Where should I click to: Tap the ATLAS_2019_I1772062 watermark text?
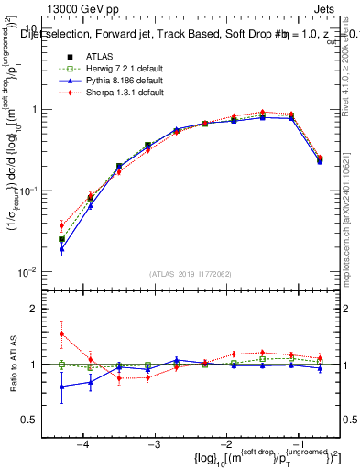pyautogui.click(x=190, y=274)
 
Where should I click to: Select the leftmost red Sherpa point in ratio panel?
pyautogui.click(x=61, y=333)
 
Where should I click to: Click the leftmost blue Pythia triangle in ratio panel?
pyautogui.click(x=61, y=387)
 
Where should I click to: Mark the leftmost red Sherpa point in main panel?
pyautogui.click(x=61, y=224)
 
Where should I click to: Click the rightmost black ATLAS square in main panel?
pyautogui.click(x=319, y=160)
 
